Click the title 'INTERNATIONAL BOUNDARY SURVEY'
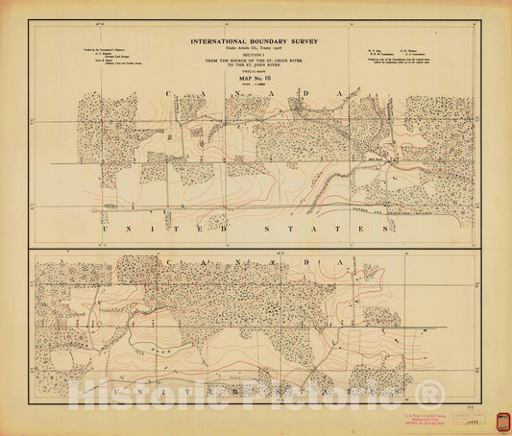[254, 41]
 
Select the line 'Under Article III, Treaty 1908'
[254, 49]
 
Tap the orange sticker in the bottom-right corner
[502, 421]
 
